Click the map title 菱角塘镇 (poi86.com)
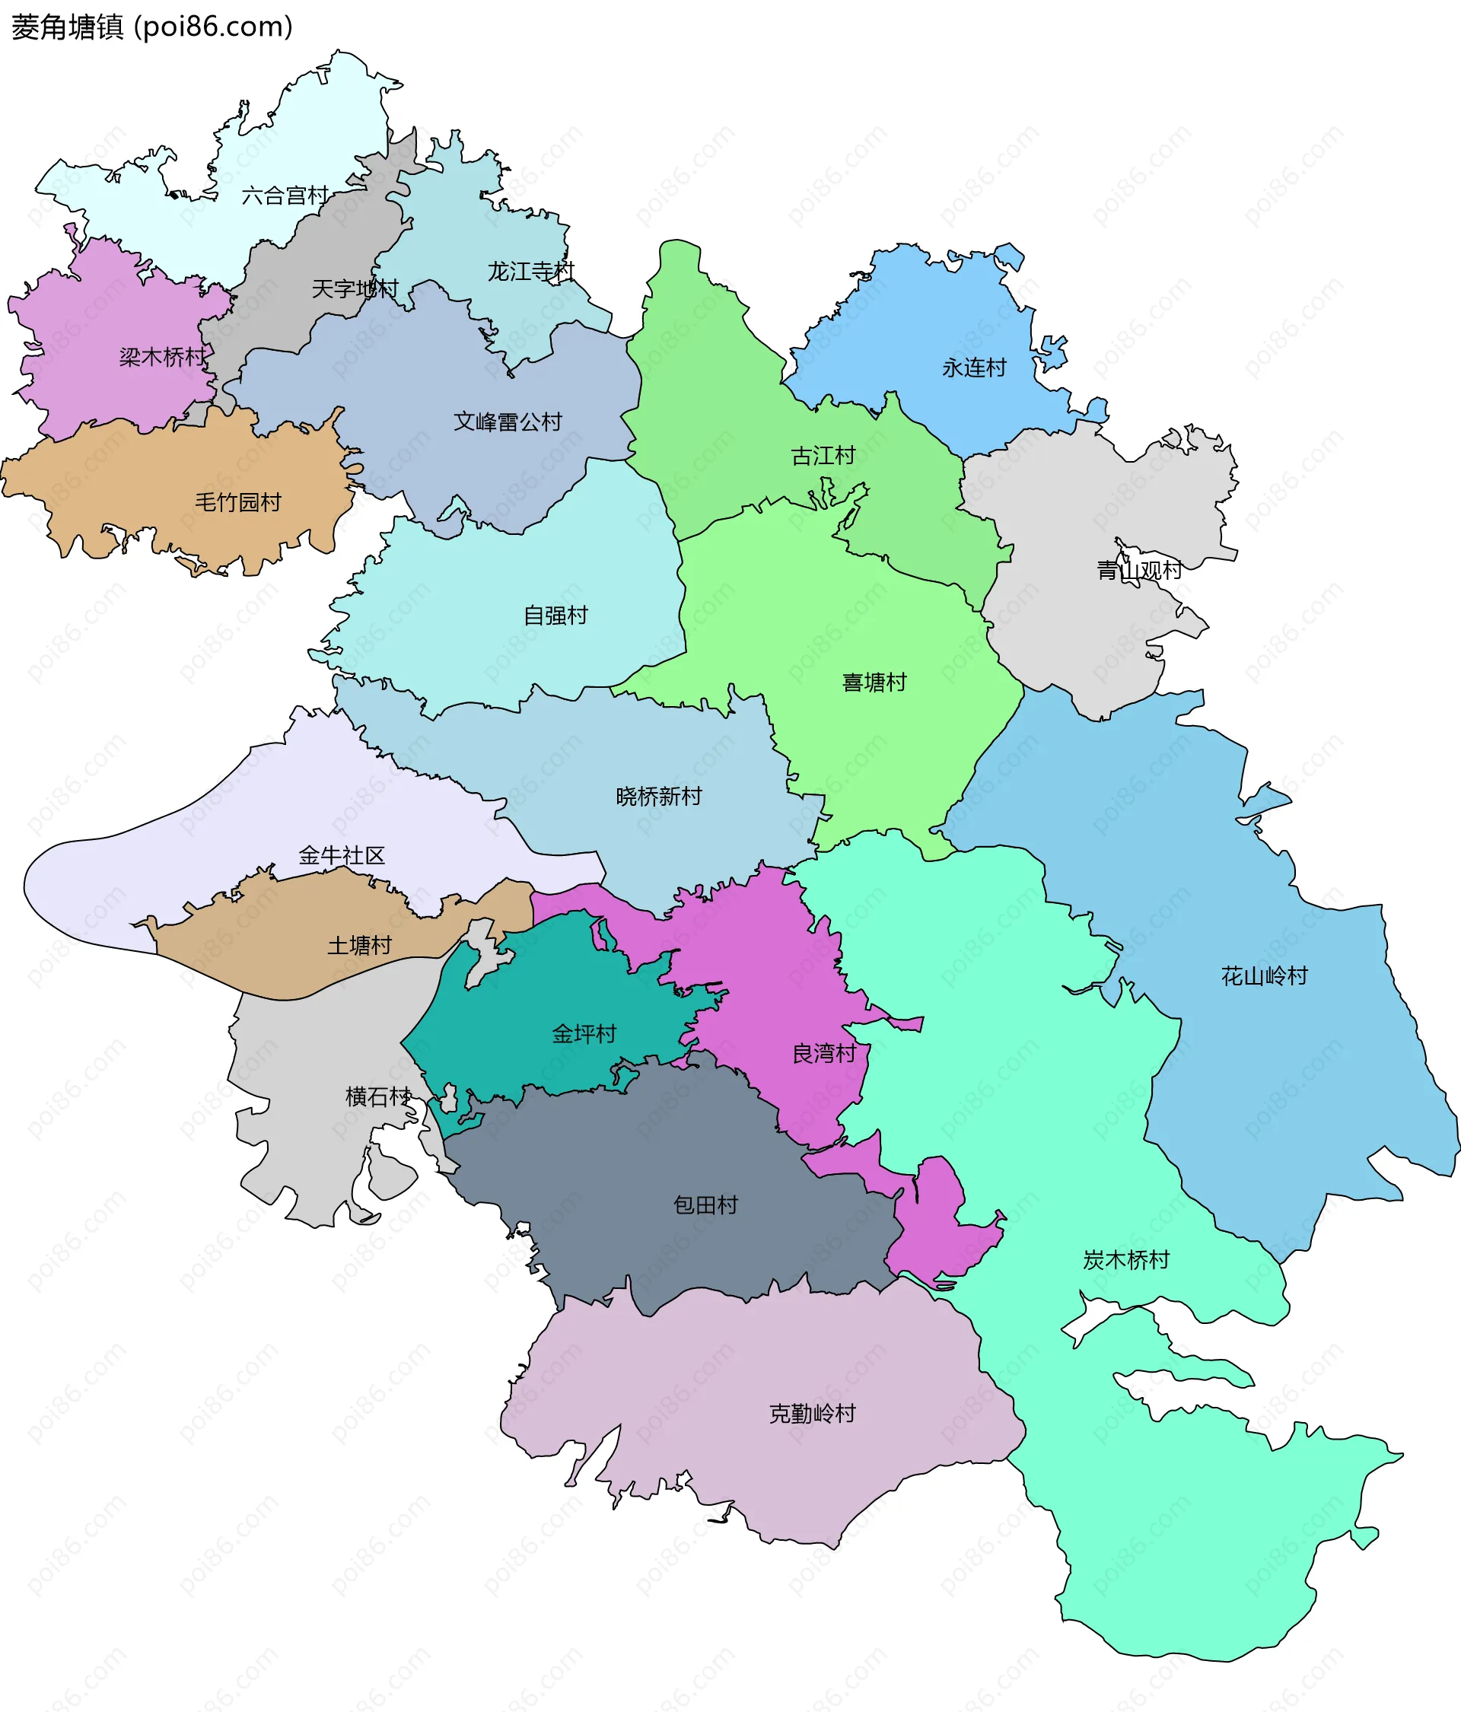152,27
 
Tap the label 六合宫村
285,196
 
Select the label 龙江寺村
530,271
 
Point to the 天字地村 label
355,288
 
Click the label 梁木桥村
163,357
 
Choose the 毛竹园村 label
238,501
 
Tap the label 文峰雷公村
508,422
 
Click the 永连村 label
974,368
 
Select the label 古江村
823,455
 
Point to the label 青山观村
1138,570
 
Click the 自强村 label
555,615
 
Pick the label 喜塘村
874,682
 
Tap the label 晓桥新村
659,796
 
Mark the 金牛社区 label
342,855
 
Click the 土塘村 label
359,945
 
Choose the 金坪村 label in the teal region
584,1033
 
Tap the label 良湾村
824,1054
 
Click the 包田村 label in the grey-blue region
705,1204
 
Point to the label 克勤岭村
813,1413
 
